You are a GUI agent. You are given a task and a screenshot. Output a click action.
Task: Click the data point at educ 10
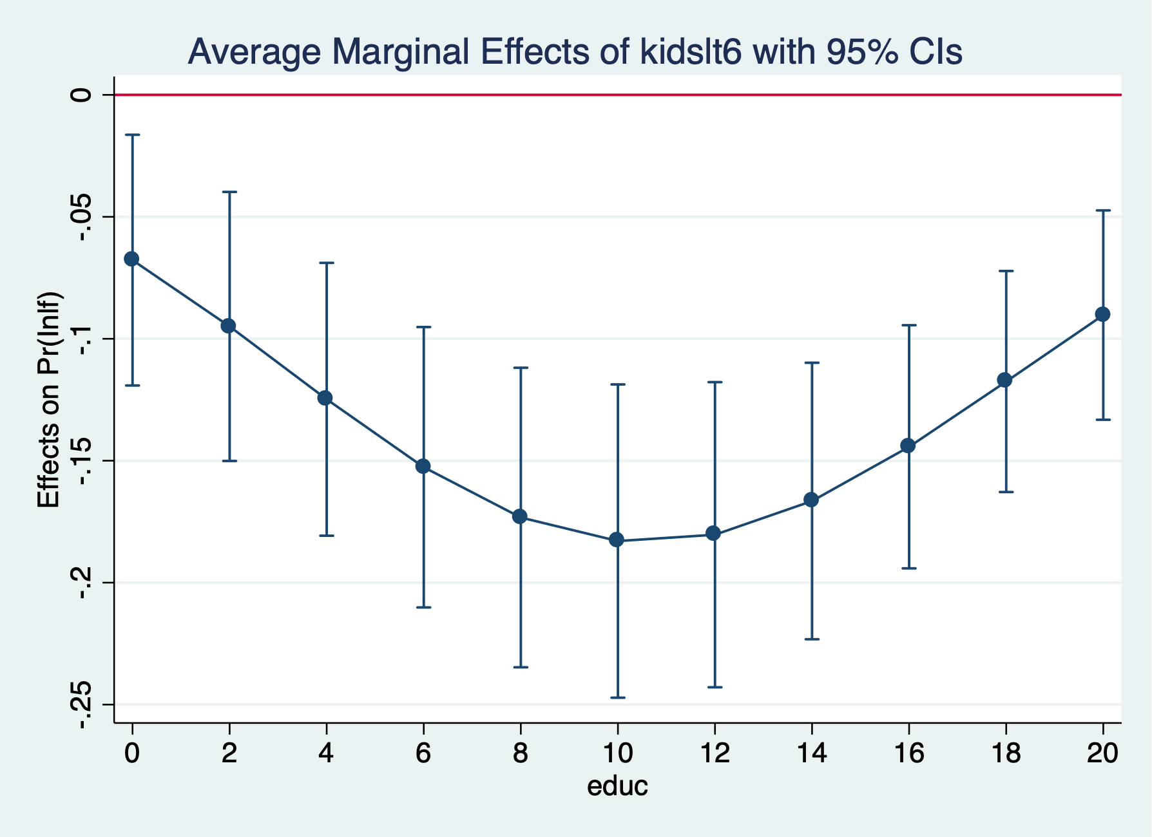point(617,540)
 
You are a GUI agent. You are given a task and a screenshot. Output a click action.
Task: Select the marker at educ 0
point(132,259)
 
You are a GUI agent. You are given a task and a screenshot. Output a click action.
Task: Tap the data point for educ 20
point(1102,314)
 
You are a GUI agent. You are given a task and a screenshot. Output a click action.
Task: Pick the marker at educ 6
point(423,466)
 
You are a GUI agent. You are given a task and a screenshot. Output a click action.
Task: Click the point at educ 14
point(811,500)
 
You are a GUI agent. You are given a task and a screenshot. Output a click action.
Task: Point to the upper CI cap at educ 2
point(229,192)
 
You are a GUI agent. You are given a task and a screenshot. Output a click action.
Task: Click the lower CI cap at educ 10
point(617,697)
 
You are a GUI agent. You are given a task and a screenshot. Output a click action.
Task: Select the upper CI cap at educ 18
point(1006,271)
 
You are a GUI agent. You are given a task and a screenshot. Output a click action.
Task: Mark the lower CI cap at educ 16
point(908,568)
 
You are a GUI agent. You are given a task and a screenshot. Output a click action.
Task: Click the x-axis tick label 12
point(714,753)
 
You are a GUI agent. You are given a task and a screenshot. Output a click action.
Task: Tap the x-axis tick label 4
point(326,753)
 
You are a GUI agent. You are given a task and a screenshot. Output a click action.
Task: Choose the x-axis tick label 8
point(520,753)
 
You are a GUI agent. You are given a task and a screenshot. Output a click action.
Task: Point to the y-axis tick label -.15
point(82,461)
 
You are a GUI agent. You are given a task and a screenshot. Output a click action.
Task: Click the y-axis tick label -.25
point(82,704)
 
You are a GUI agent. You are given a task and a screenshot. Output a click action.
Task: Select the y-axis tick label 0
point(82,95)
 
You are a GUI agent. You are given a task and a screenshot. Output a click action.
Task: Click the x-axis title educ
point(617,786)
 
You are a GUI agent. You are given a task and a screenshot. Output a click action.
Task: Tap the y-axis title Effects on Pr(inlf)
point(48,399)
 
